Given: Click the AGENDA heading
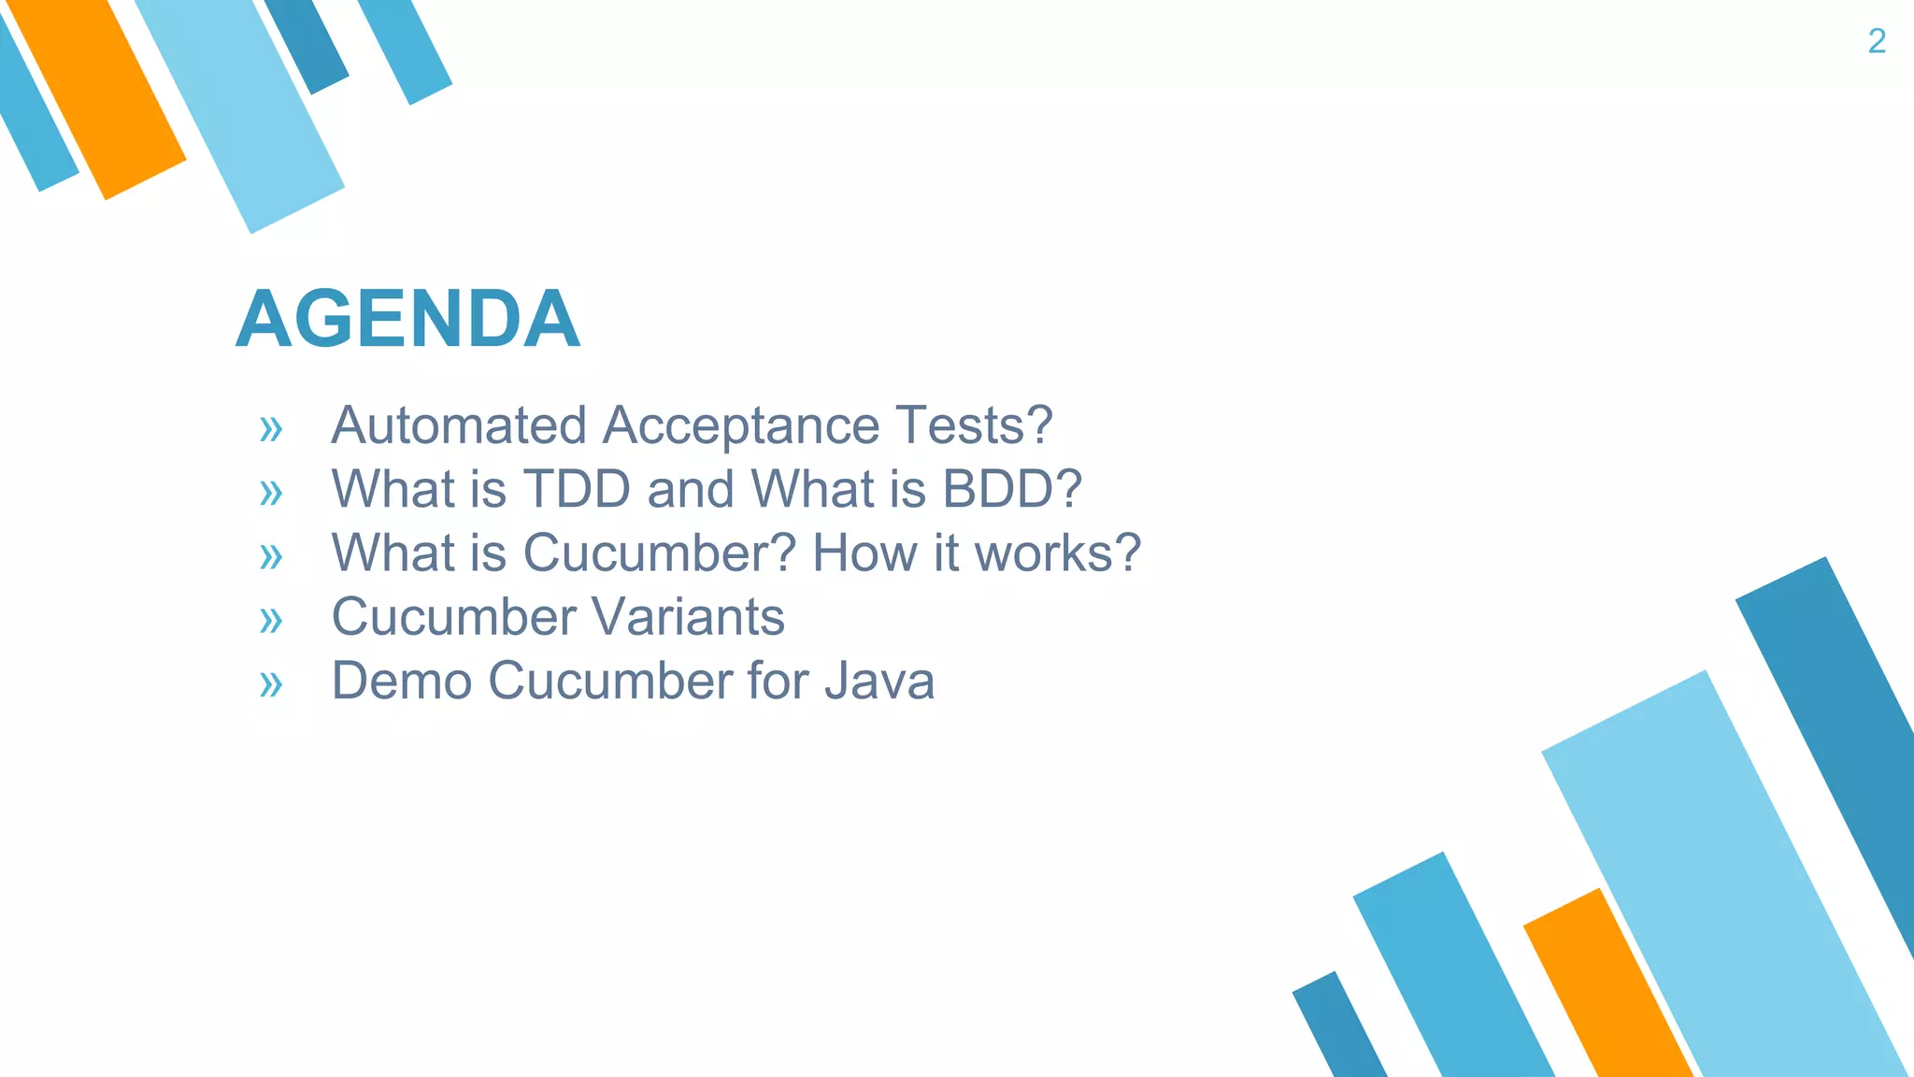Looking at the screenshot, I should (x=407, y=320).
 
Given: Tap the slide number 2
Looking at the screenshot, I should (x=1877, y=41).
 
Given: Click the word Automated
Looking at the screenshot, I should (x=458, y=425).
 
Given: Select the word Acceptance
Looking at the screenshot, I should (x=740, y=425).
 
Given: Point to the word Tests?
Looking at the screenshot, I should (x=974, y=425).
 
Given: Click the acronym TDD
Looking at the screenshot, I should (x=576, y=489).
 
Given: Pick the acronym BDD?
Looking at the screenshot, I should (x=1011, y=489).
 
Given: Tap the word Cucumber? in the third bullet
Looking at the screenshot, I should (x=659, y=553).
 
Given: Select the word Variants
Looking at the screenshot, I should (x=688, y=617).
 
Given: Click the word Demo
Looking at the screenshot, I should (x=401, y=681).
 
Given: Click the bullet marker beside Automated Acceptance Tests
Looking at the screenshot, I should (x=271, y=430).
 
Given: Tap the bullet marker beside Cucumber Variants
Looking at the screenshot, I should (x=271, y=621).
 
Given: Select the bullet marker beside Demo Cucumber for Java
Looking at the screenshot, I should (x=271, y=684).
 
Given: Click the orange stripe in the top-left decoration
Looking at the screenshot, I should (x=98, y=93).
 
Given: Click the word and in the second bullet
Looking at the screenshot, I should (x=690, y=489).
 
